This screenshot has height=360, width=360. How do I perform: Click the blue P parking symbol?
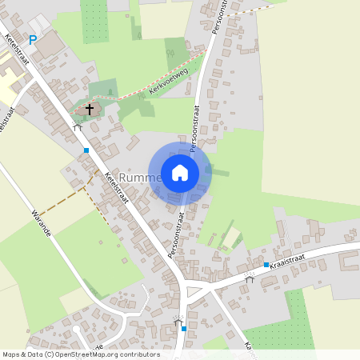point(33,39)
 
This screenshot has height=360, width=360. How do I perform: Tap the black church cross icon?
point(89,108)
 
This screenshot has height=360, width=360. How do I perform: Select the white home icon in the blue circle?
point(180,173)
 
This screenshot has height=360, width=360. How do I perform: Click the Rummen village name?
point(139,178)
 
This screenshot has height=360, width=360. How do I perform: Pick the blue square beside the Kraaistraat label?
point(266,265)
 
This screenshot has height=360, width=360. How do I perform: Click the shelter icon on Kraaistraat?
point(250,278)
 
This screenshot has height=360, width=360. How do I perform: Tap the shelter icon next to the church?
point(78,126)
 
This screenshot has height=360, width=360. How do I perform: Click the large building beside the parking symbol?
point(52,45)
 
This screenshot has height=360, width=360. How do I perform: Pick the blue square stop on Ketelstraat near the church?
point(86,150)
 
